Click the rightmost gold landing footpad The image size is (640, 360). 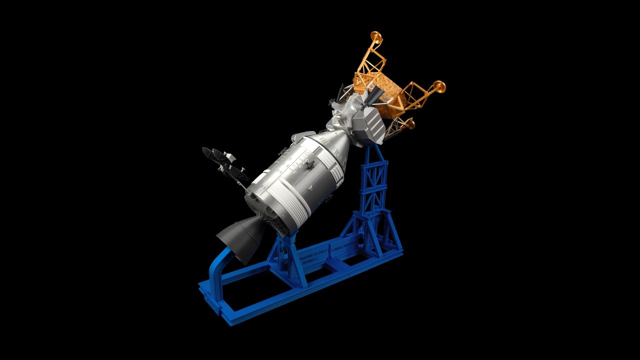(x=439, y=86)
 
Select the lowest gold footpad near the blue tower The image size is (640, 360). (x=409, y=123)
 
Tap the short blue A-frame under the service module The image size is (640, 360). (x=285, y=257)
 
